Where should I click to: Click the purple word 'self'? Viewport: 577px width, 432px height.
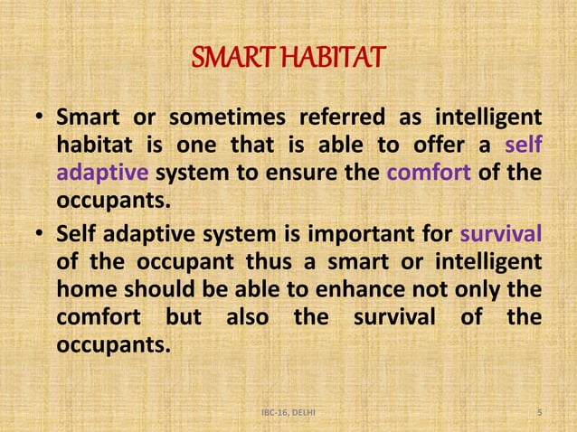(524, 146)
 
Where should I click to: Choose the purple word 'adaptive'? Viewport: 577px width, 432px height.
(95, 174)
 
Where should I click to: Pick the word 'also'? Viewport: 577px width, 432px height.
(244, 317)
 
